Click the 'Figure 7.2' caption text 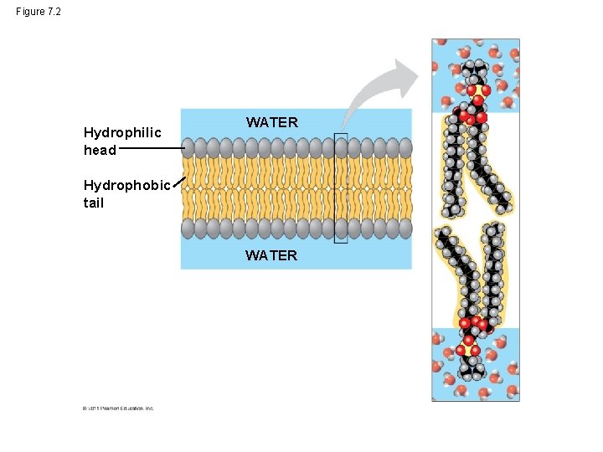38,12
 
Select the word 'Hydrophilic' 122,132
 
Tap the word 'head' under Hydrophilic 100,150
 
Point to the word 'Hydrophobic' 126,185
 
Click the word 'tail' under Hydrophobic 94,203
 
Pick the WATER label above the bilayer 271,122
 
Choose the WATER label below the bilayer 271,255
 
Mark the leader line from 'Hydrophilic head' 150,149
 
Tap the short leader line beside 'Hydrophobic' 177,185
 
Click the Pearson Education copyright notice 118,408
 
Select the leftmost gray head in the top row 188,148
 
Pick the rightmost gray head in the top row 405,148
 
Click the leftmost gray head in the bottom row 188,228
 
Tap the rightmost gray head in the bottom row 405,228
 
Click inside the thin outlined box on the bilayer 340,188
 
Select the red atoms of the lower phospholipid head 471,335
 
